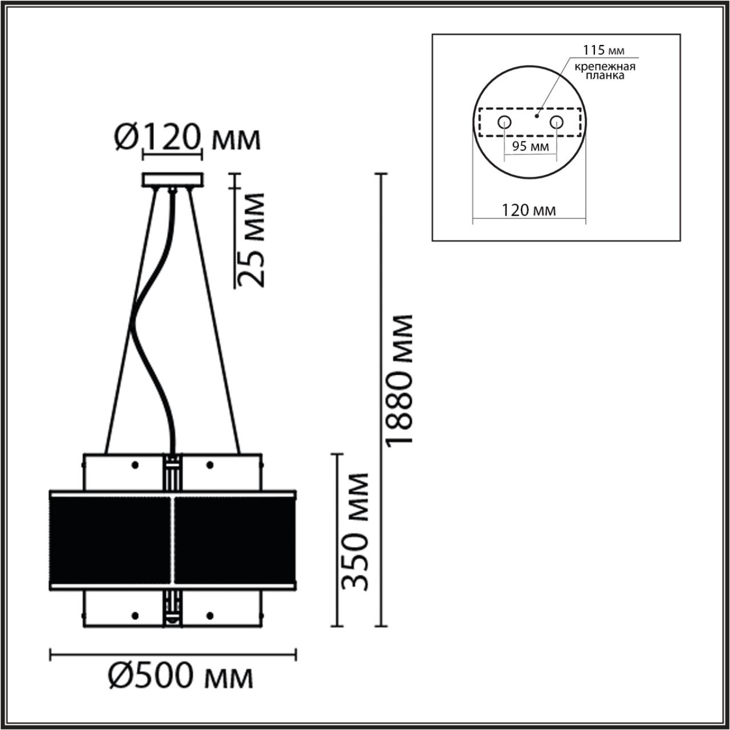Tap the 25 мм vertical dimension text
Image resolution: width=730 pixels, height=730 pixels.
pyautogui.click(x=251, y=240)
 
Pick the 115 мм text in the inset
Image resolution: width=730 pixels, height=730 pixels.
pyautogui.click(x=595, y=51)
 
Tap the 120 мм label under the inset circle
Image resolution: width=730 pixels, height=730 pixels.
pyautogui.click(x=529, y=210)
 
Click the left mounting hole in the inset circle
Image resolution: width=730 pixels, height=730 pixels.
pyautogui.click(x=504, y=121)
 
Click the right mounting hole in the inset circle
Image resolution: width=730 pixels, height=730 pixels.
pyautogui.click(x=556, y=121)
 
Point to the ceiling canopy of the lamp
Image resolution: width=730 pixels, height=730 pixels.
pyautogui.click(x=172, y=180)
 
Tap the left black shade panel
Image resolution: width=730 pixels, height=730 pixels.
pyautogui.click(x=111, y=539)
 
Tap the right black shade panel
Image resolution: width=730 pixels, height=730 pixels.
pyautogui.click(x=234, y=539)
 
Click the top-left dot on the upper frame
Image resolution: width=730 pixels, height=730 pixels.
pyautogui.click(x=135, y=465)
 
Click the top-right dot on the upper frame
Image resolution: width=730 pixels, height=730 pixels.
pyautogui.click(x=210, y=465)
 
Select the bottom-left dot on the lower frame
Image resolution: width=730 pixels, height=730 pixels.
pyautogui.click(x=135, y=615)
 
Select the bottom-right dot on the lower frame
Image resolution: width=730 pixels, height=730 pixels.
pyautogui.click(x=210, y=615)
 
